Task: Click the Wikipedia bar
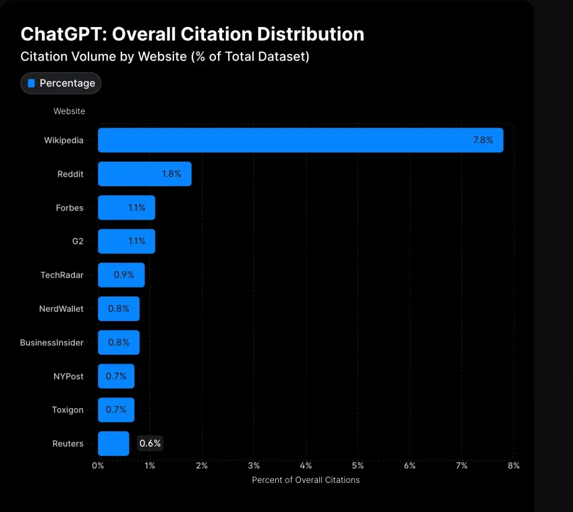pos(300,140)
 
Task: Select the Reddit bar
pos(144,174)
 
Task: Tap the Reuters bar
pos(114,444)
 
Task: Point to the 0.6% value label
pos(150,444)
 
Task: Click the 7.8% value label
pos(483,140)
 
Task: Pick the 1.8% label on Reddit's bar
pos(172,174)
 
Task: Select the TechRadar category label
pos(62,275)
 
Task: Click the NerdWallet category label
pos(61,309)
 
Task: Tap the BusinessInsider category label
pos(51,343)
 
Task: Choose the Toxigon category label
pos(67,410)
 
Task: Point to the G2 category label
pos(77,241)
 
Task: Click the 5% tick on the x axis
pos(358,466)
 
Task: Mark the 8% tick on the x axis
pos(513,466)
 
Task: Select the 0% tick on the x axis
pos(98,466)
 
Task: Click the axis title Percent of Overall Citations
pos(306,480)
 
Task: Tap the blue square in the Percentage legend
pos(31,83)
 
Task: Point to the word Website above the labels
pos(69,111)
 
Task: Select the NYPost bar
pos(116,376)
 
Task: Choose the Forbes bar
pos(126,207)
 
